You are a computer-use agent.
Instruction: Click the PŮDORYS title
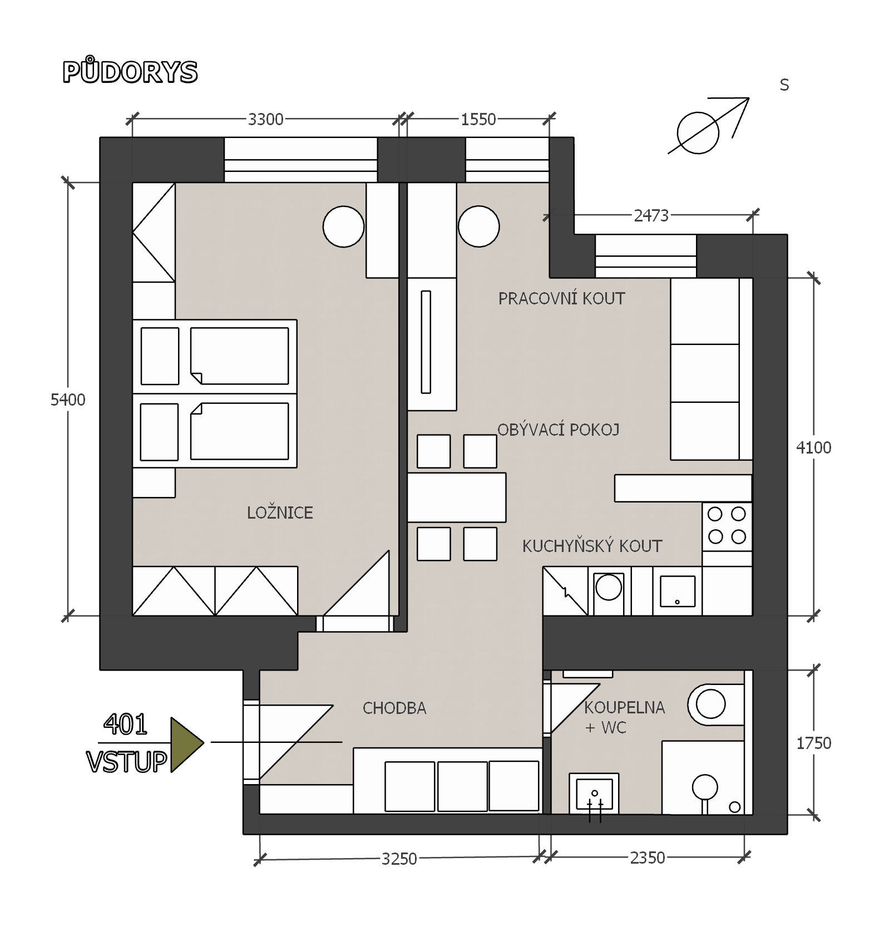tap(130, 71)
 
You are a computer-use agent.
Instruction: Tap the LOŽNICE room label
tap(280, 513)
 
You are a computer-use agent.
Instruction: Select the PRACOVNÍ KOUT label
tap(561, 298)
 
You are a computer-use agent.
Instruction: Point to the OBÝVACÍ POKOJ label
tap(558, 430)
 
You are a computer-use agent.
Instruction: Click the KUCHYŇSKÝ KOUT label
tap(592, 546)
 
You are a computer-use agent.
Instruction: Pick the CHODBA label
tap(394, 708)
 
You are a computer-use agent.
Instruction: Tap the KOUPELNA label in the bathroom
tap(624, 707)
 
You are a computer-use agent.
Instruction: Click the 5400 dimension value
tap(68, 400)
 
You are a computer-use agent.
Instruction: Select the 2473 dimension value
tap(651, 215)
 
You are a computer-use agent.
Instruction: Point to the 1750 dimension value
tap(813, 743)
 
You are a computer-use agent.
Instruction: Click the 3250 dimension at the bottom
tap(399, 859)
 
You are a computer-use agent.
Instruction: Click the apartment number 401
tap(125, 724)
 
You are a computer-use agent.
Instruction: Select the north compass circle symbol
tap(698, 133)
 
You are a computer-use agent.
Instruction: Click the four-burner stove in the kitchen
tap(727, 526)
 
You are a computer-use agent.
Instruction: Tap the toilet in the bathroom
tap(717, 705)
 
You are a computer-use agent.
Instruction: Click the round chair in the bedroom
tap(343, 226)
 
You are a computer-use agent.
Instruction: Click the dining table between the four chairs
tap(457, 497)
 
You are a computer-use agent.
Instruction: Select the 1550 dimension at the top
tap(478, 119)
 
